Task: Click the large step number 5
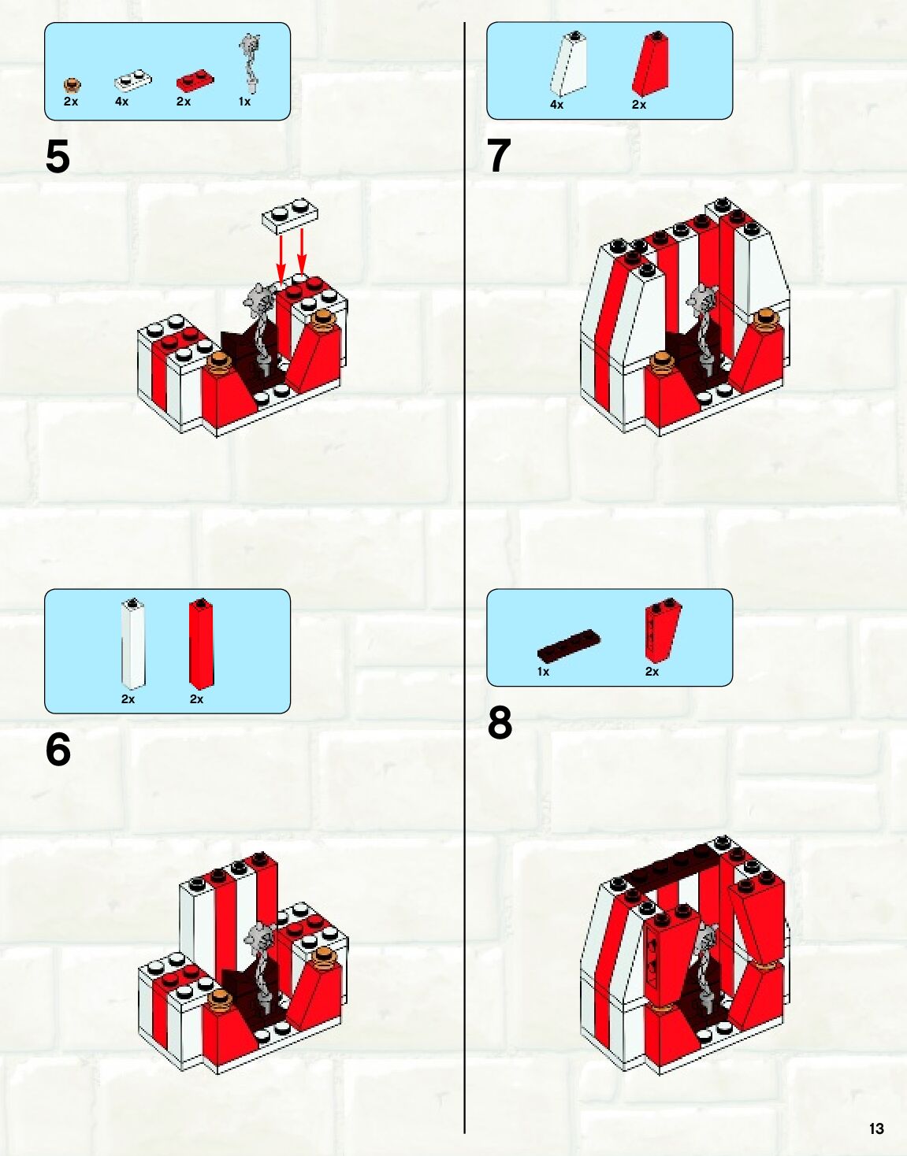pyautogui.click(x=58, y=157)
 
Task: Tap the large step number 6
pyautogui.click(x=58, y=749)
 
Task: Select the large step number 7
pyautogui.click(x=499, y=156)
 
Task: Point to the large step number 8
pyautogui.click(x=500, y=723)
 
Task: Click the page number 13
pyautogui.click(x=876, y=1128)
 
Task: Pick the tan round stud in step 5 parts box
pyautogui.click(x=72, y=85)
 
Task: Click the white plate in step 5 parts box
pyautogui.click(x=132, y=80)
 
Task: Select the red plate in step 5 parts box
pyautogui.click(x=195, y=80)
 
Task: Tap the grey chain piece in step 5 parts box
pyautogui.click(x=251, y=59)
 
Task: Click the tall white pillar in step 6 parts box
pyautogui.click(x=133, y=643)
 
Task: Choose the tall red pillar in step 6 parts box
pyautogui.click(x=202, y=642)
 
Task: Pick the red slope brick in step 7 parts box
pyautogui.click(x=652, y=65)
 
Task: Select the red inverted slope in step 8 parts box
pyautogui.click(x=662, y=630)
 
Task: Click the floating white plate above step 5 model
pyautogui.click(x=291, y=215)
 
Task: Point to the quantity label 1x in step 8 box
pyautogui.click(x=543, y=672)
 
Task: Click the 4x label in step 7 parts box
pyautogui.click(x=556, y=105)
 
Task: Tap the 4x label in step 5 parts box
pyautogui.click(x=121, y=102)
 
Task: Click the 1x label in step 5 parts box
pyautogui.click(x=244, y=102)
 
